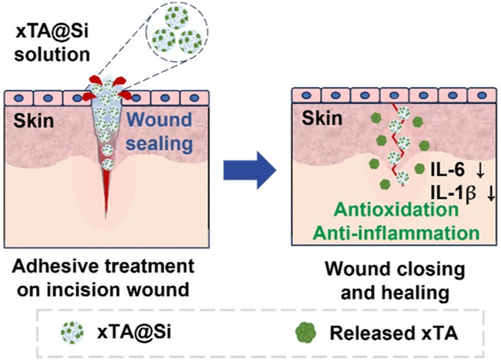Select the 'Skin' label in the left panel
coord(27,119)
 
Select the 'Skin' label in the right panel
coord(323,118)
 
